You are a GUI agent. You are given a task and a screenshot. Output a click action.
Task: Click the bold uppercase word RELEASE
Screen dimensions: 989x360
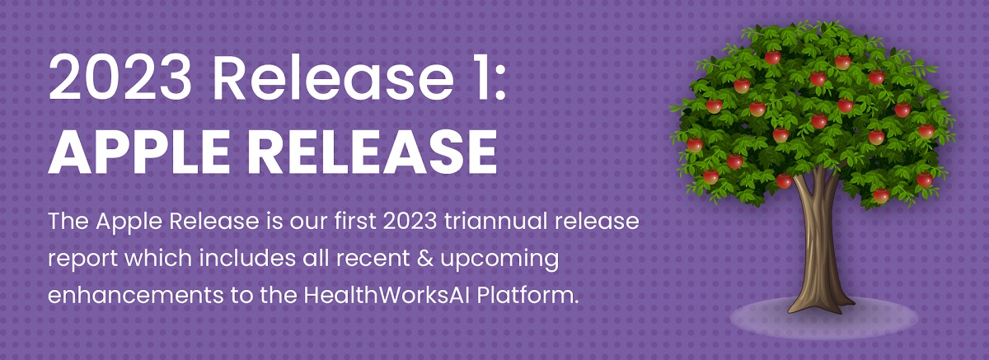coord(373,152)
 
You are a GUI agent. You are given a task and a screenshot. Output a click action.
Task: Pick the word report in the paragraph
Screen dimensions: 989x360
coord(83,259)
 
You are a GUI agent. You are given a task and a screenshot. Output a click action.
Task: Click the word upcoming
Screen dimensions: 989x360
coord(499,259)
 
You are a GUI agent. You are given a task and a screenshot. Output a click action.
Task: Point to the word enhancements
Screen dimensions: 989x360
coord(136,295)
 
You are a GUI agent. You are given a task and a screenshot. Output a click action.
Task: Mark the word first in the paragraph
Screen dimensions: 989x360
coord(354,221)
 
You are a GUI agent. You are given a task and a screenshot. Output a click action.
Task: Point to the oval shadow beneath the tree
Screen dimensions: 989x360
coord(824,319)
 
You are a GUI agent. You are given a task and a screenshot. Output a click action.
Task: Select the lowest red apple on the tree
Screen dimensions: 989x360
coord(881,195)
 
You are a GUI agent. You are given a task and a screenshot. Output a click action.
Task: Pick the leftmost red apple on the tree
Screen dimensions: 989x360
coord(695,144)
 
